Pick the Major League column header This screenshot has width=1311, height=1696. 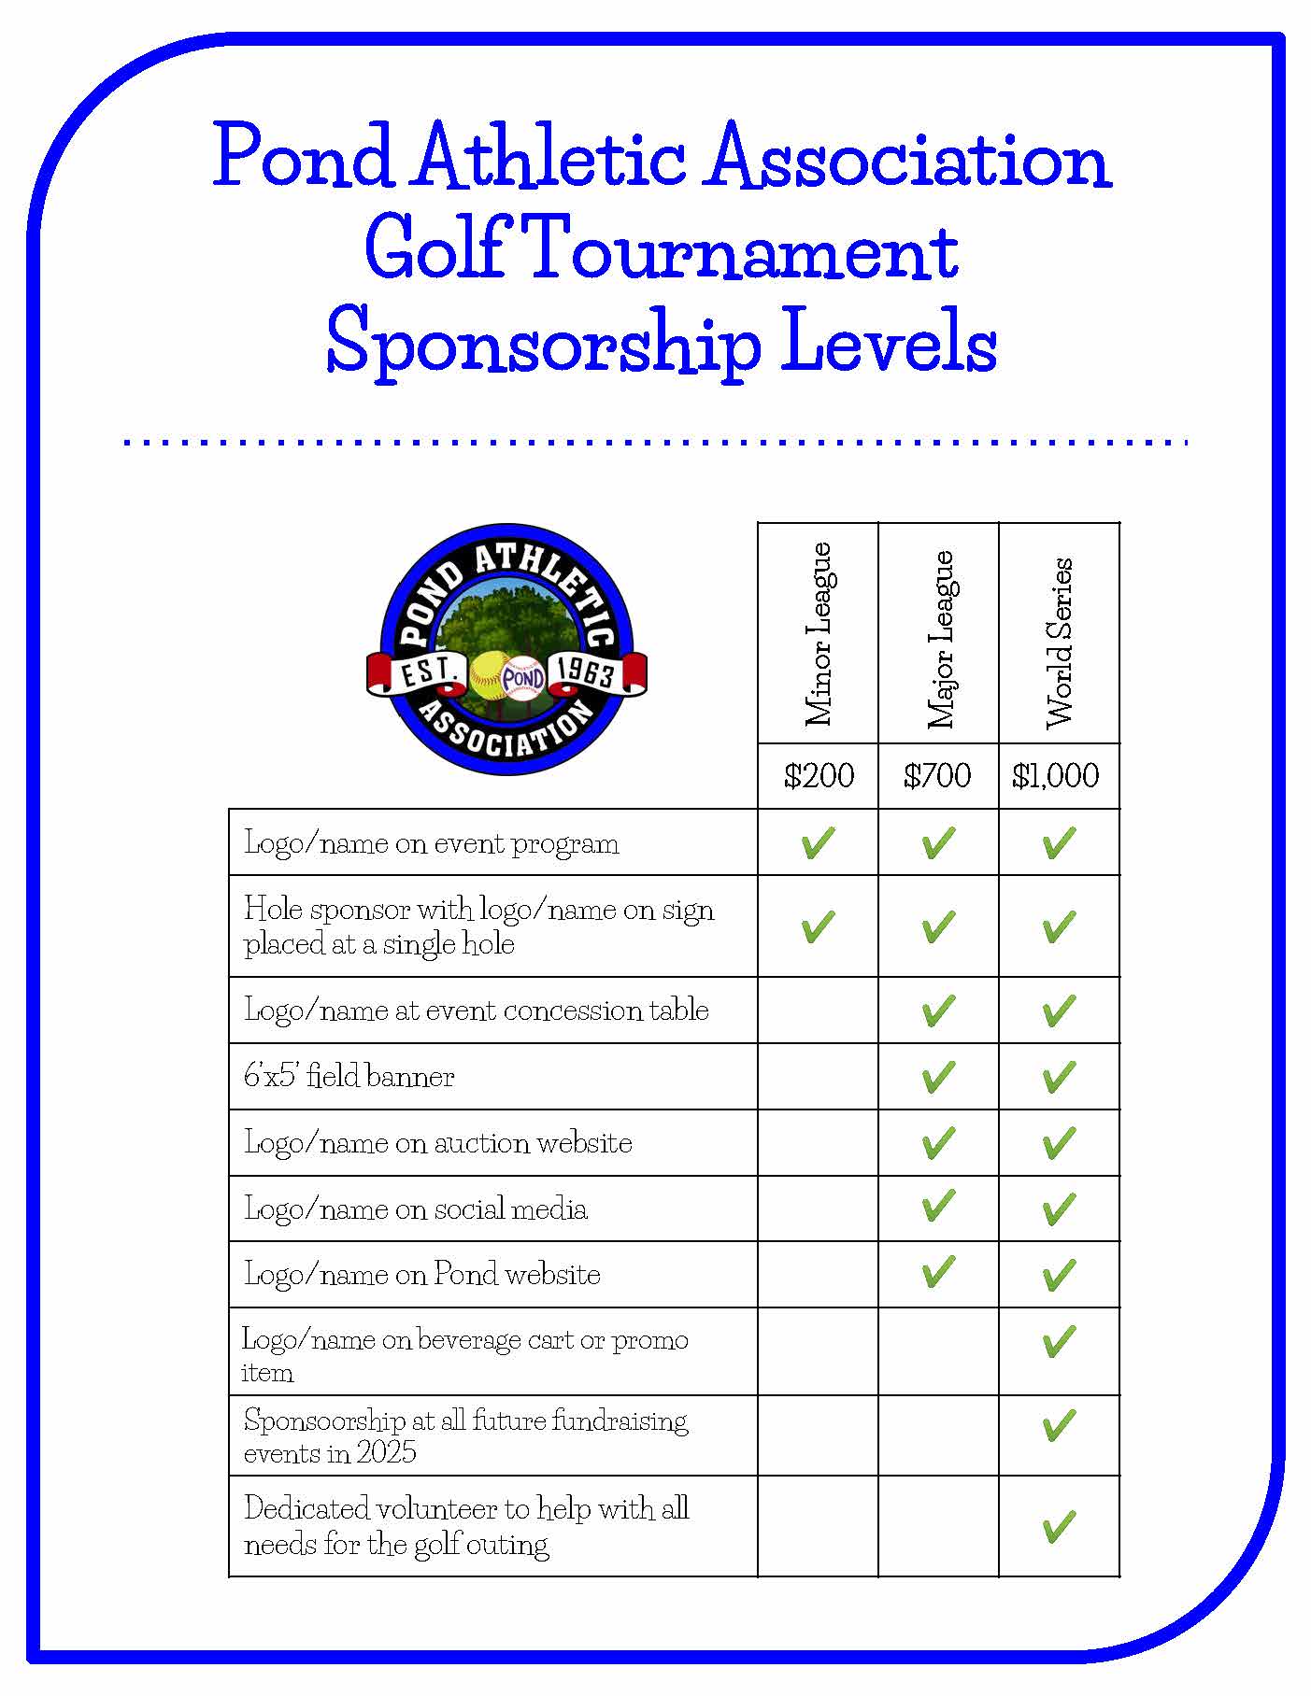coord(939,639)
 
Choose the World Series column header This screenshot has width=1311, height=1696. coord(1060,643)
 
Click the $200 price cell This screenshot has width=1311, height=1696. coord(819,775)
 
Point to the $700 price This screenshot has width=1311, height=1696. coord(937,775)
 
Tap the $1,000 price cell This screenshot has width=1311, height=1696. coord(1056,775)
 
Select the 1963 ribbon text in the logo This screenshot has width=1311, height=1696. coord(587,671)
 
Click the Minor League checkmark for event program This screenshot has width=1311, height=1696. coord(818,842)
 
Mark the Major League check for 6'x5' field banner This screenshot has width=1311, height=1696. coord(938,1077)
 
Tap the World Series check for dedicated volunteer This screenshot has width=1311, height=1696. coord(1058,1527)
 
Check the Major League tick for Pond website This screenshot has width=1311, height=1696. coord(938,1272)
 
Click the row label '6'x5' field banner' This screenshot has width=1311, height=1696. coord(349,1076)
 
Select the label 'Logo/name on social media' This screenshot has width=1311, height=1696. coord(416,1208)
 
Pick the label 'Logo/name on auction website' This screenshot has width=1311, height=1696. coord(438,1142)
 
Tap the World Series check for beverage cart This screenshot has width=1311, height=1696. coord(1058,1342)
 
